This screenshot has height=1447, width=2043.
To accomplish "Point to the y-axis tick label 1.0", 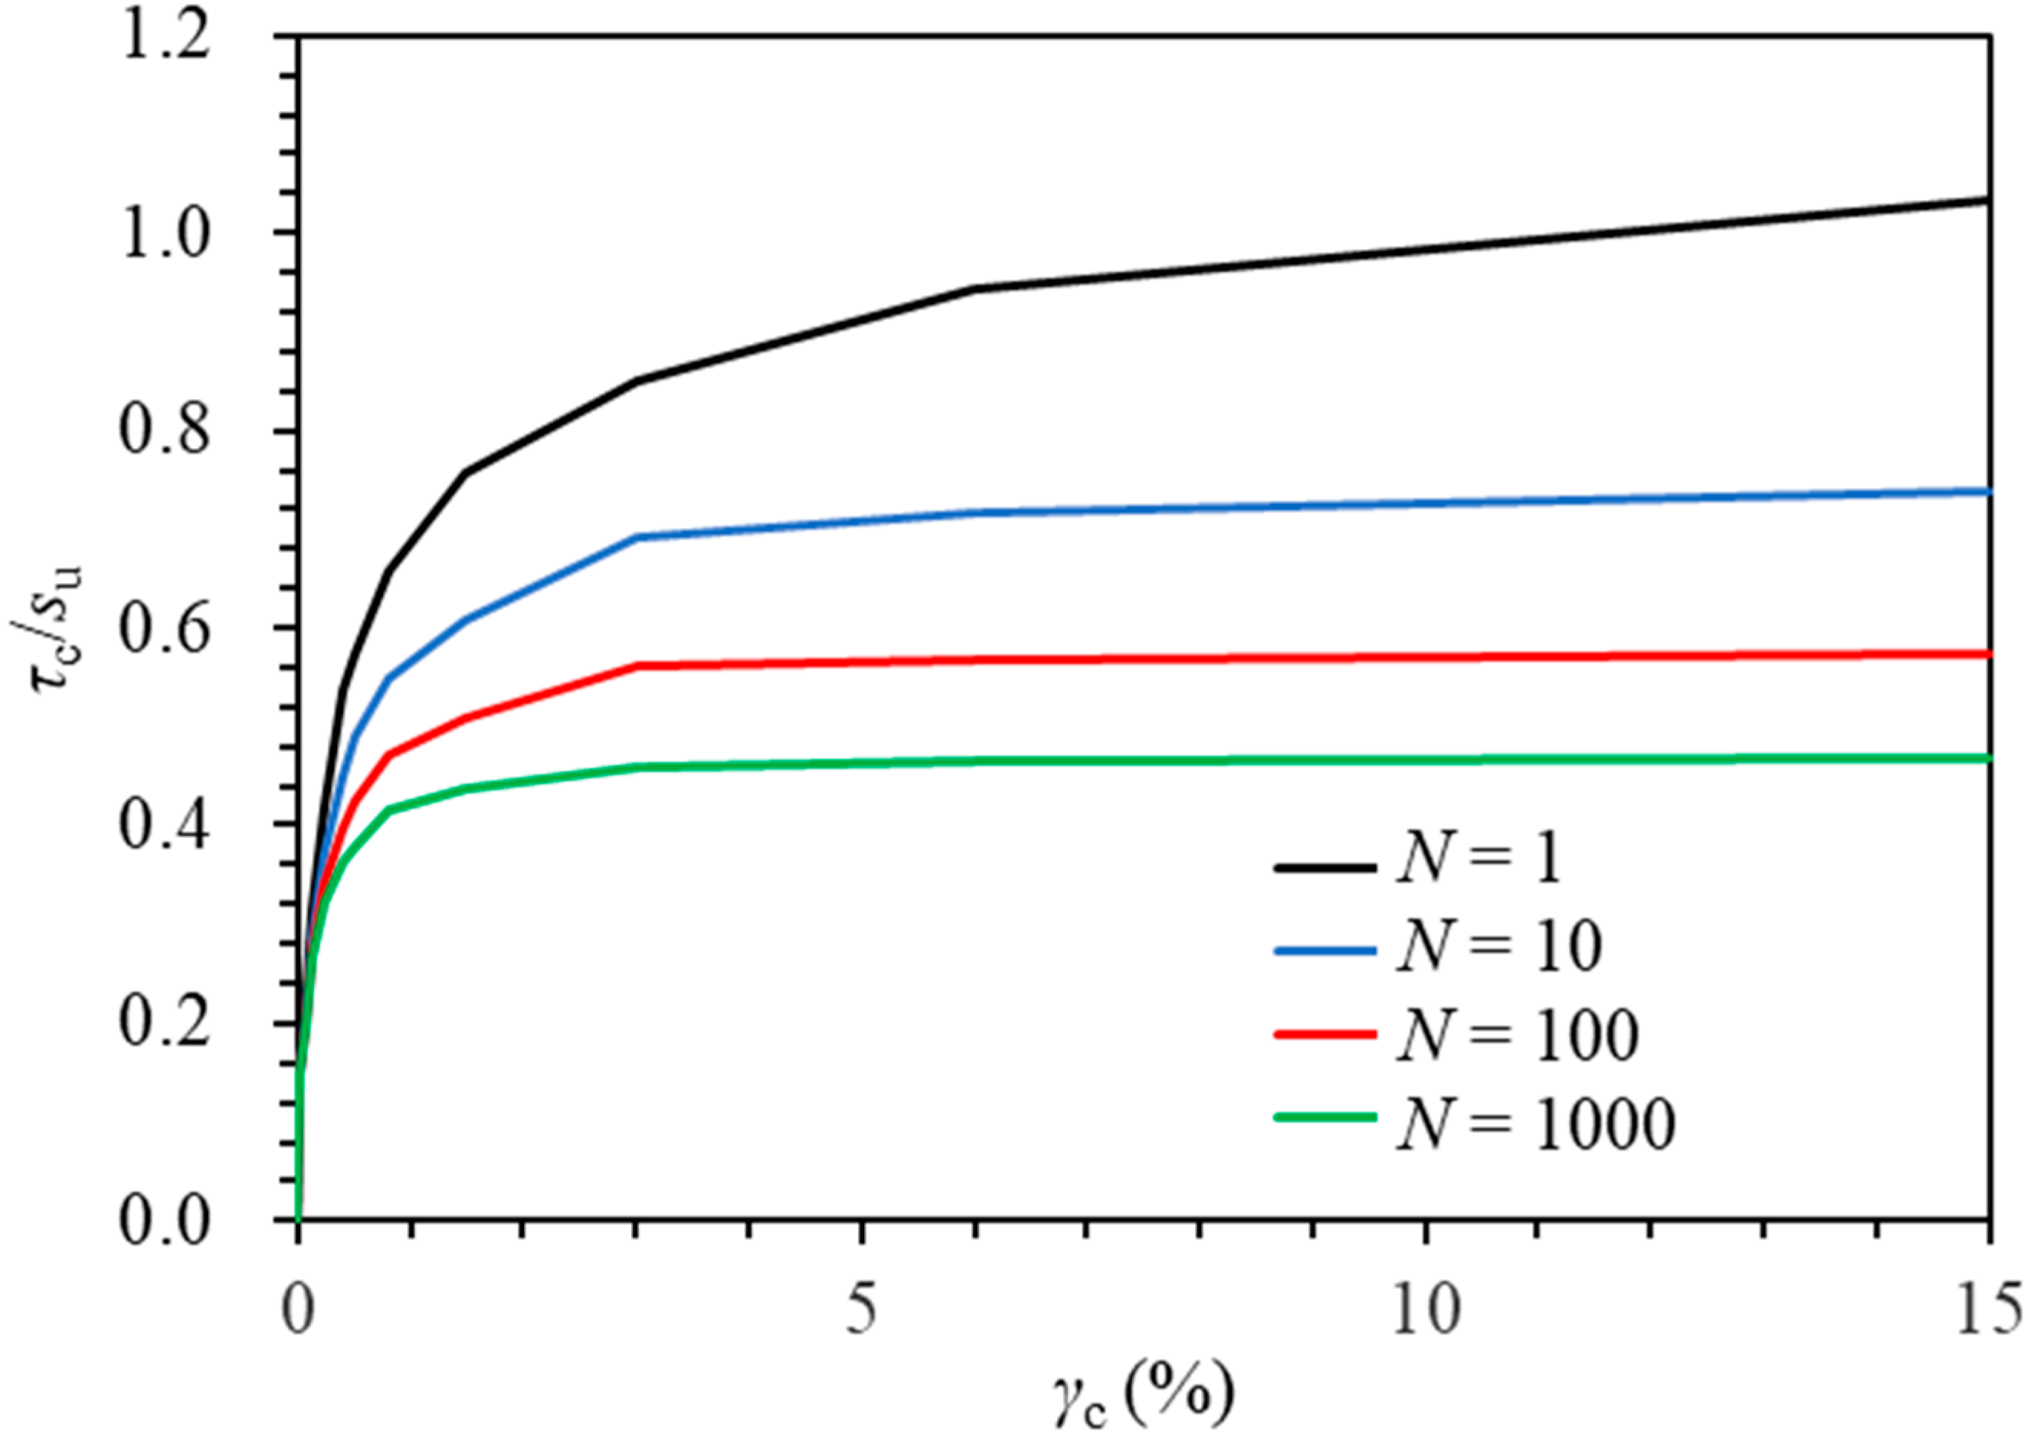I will click(165, 236).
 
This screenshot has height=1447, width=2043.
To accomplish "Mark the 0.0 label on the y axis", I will click(165, 1221).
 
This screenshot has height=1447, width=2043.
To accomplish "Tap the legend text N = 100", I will click(1518, 1034).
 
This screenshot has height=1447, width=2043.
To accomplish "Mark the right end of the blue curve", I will click(1988, 491).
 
